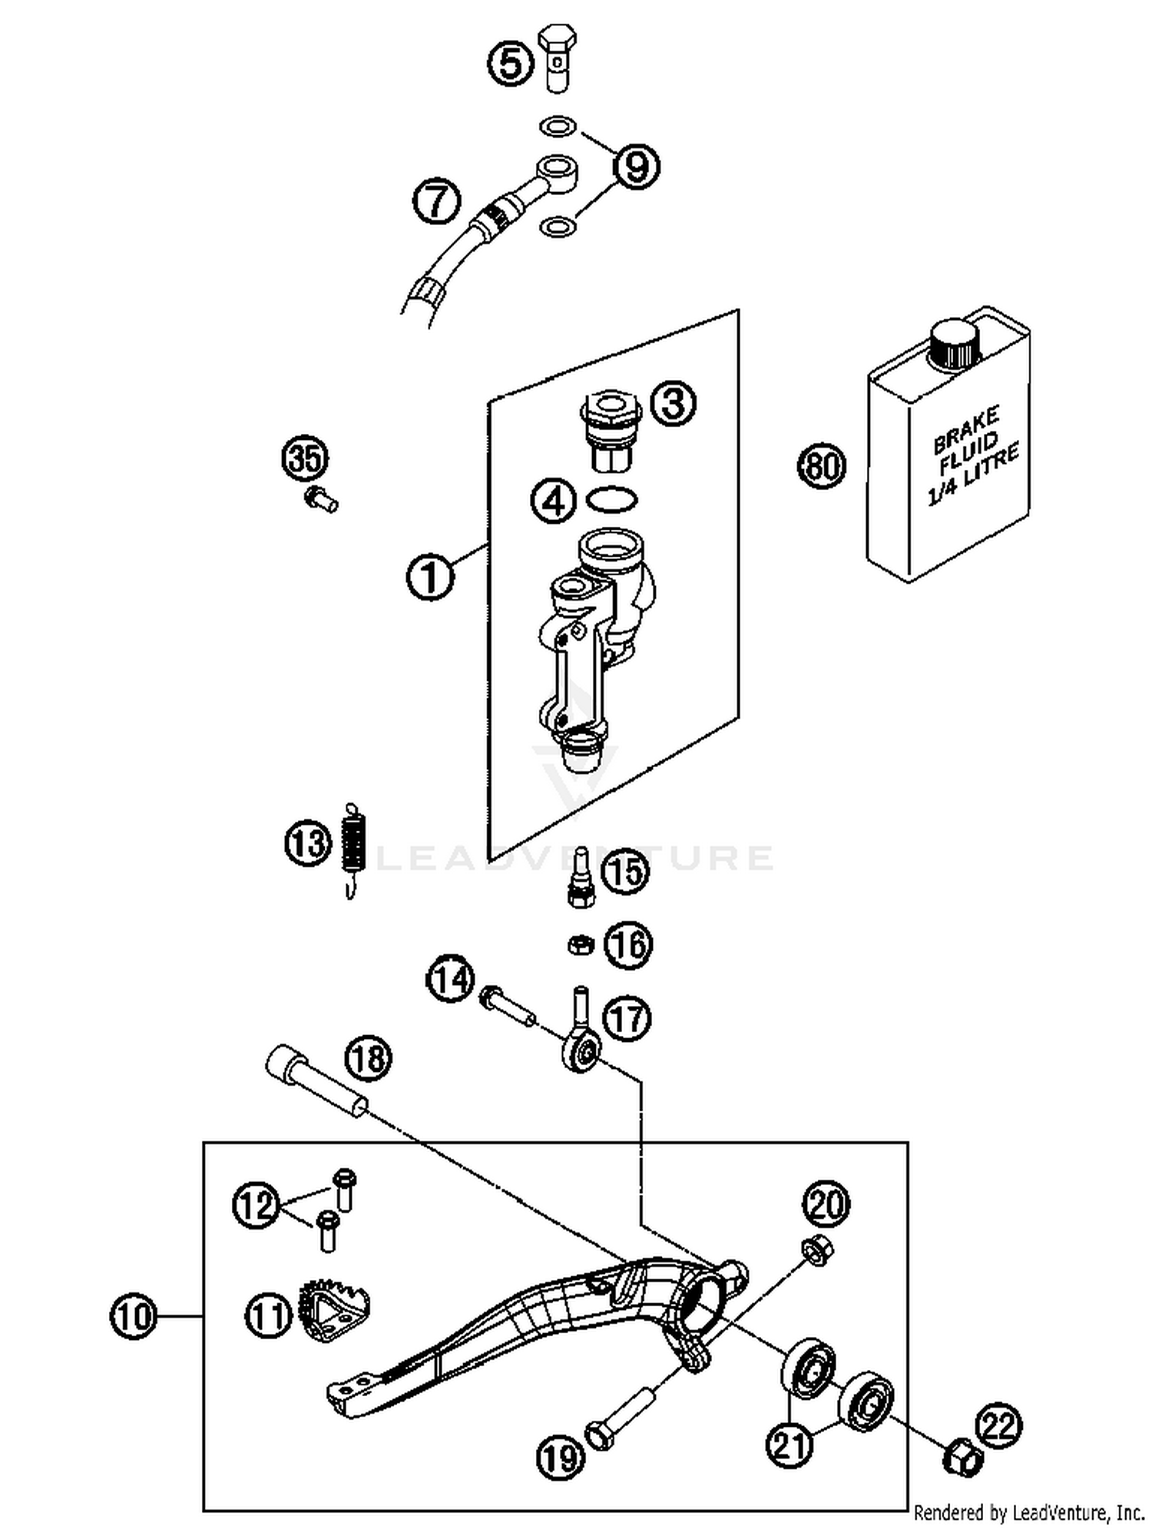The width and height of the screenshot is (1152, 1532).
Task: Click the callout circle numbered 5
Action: (511, 63)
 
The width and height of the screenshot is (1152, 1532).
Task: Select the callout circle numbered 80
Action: (821, 466)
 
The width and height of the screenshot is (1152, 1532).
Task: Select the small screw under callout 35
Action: (321, 500)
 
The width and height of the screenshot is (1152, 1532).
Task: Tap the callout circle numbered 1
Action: (430, 577)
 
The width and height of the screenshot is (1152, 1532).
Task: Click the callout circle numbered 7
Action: (436, 202)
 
